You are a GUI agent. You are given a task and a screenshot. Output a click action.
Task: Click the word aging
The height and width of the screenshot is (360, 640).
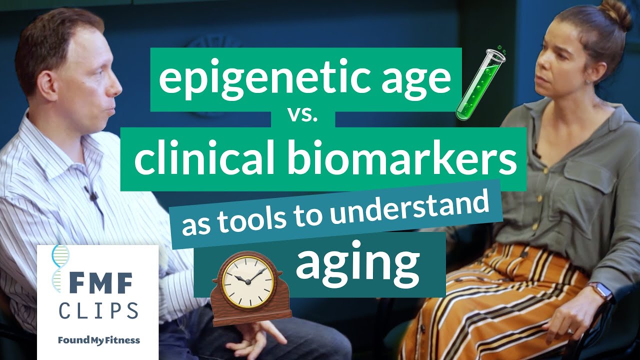357,263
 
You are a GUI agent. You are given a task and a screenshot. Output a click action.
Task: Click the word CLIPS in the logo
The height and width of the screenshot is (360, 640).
98,310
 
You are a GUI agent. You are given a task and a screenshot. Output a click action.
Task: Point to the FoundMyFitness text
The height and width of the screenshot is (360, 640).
98,340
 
